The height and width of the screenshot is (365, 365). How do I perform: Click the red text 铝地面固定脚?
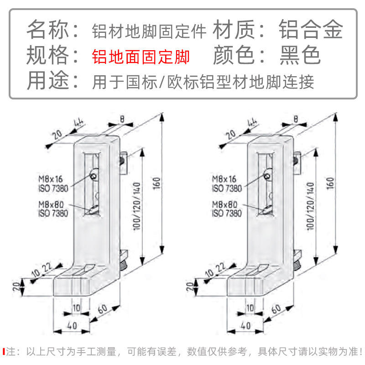(141, 57)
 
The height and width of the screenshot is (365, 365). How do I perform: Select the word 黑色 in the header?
(300, 56)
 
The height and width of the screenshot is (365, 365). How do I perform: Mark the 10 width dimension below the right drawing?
(250, 308)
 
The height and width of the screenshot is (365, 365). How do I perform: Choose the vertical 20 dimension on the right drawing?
(191, 287)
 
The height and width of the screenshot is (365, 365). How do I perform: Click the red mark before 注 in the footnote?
(4, 352)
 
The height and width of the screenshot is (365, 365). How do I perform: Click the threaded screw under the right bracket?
(297, 262)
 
